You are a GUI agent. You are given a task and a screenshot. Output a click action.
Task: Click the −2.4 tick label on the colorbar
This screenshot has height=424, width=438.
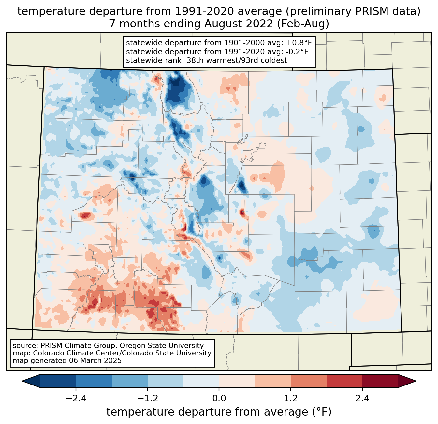pos(76,399)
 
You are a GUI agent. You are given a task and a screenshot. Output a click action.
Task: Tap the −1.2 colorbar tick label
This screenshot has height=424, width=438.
pos(148,399)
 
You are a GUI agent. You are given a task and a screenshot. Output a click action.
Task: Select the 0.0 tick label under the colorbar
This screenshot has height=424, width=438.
pos(219,399)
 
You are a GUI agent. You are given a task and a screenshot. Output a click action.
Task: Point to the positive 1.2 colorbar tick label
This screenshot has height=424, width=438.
pos(291,399)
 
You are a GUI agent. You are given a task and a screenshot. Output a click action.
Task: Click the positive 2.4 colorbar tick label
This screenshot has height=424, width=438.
pos(362,399)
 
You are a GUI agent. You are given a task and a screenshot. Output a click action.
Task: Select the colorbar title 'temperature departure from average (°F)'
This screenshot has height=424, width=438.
pos(219,412)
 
